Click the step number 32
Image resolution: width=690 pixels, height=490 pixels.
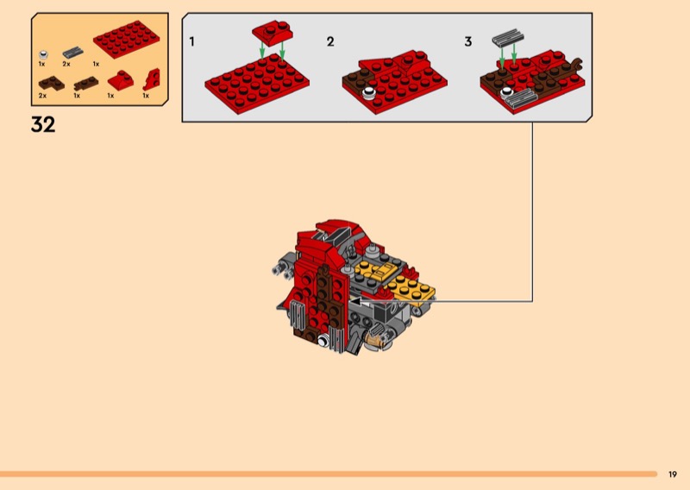point(43,124)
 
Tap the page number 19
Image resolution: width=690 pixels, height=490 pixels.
point(673,474)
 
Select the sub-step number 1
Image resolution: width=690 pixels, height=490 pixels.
point(191,41)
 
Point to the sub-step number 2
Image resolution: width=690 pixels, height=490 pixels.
point(330,41)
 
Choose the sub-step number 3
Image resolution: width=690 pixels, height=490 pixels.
point(468,41)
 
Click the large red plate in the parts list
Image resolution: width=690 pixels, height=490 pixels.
point(126,39)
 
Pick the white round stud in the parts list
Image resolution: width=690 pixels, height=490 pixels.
point(44,55)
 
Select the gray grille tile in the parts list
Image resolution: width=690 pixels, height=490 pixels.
point(73,53)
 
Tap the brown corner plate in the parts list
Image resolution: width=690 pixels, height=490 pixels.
point(51,83)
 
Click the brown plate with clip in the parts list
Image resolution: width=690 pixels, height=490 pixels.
point(86,83)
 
